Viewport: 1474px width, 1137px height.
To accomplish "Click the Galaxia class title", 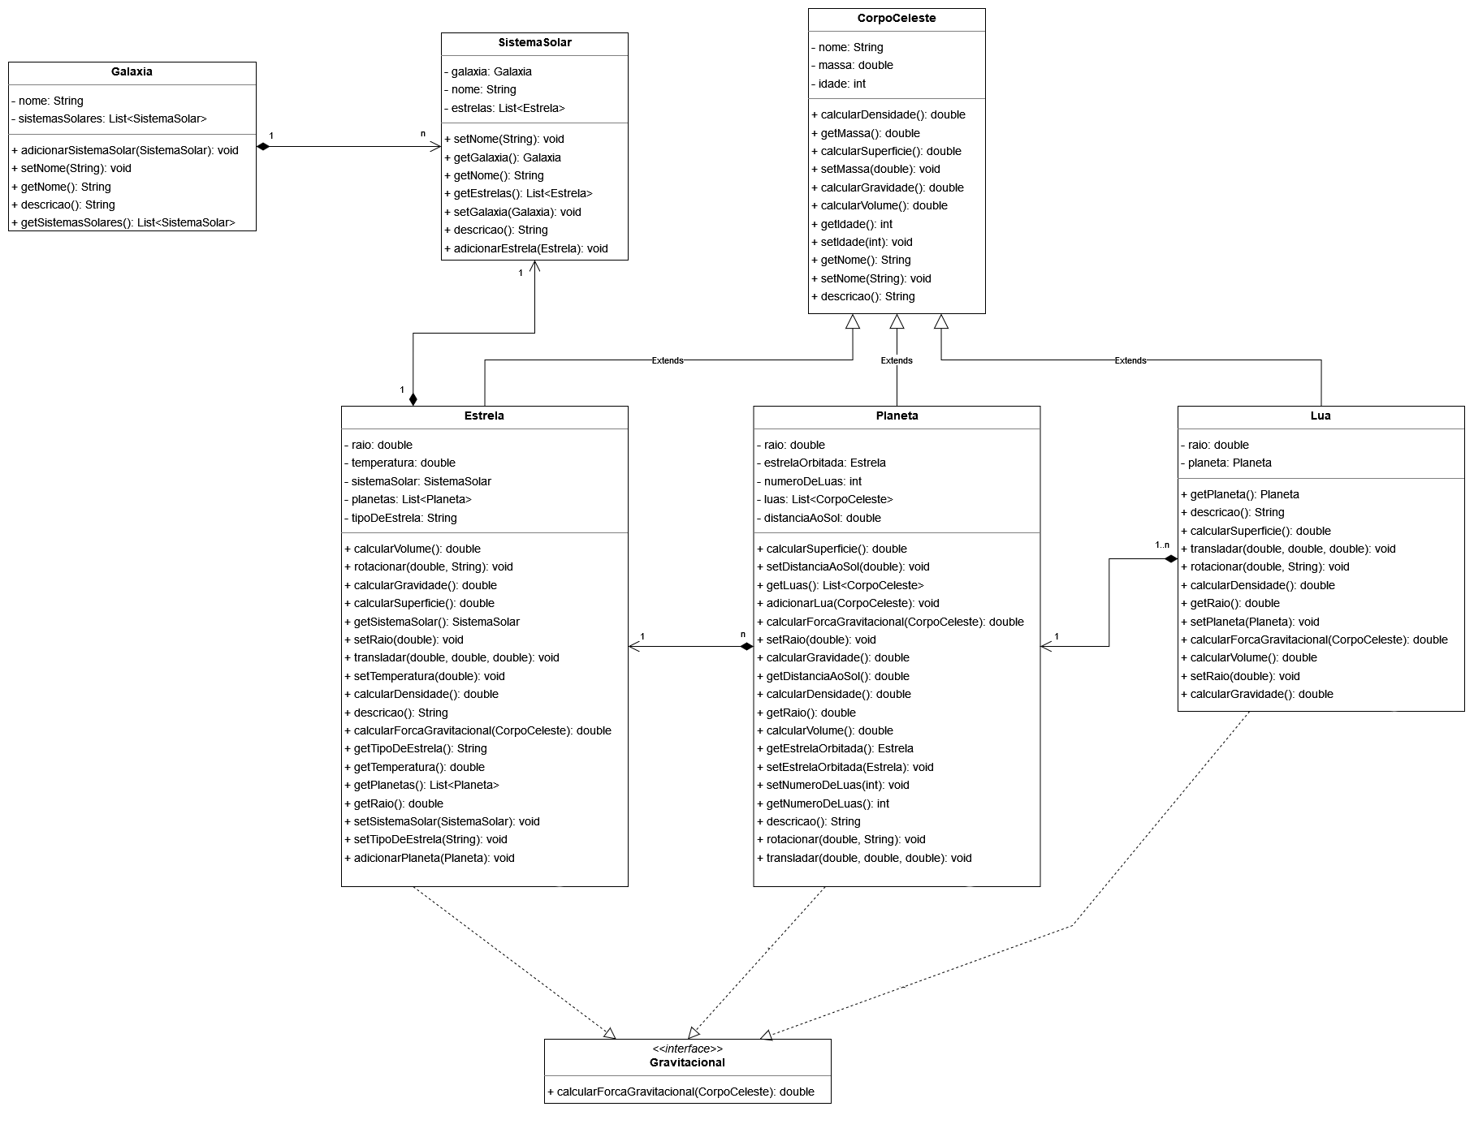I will [x=132, y=71].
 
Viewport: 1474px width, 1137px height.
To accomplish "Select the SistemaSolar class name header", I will [x=534, y=42].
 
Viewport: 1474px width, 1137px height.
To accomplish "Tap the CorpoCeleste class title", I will [x=897, y=18].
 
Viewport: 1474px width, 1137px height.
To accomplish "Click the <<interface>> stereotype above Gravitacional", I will [x=687, y=1049].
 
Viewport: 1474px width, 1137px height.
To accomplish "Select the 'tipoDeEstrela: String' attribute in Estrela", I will [x=404, y=518].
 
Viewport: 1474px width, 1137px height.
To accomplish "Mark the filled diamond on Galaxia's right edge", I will [x=263, y=147].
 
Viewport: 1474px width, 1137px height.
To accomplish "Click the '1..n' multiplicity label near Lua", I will [x=1162, y=545].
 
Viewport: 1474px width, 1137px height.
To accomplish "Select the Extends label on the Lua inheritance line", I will [x=1130, y=360].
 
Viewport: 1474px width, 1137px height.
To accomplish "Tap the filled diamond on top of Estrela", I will [x=413, y=398].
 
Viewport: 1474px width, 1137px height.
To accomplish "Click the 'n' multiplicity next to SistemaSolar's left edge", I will [x=422, y=134].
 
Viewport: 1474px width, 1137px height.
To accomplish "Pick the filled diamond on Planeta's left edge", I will [x=746, y=647].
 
